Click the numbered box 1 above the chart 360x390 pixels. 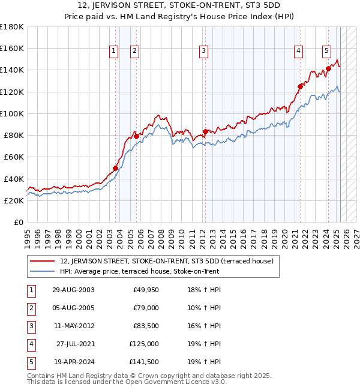(x=113, y=52)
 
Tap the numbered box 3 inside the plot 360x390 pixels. (x=204, y=52)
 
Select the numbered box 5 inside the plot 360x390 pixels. (x=327, y=52)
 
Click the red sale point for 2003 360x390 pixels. (x=116, y=168)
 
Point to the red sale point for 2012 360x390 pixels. (x=205, y=131)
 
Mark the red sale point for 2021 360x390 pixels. (x=300, y=86)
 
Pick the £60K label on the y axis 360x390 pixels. (x=14, y=157)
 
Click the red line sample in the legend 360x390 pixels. (x=43, y=261)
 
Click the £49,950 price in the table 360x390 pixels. (x=145, y=290)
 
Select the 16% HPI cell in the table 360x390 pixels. (x=206, y=326)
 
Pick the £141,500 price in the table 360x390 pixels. (x=142, y=362)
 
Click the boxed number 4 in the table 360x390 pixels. (x=30, y=344)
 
